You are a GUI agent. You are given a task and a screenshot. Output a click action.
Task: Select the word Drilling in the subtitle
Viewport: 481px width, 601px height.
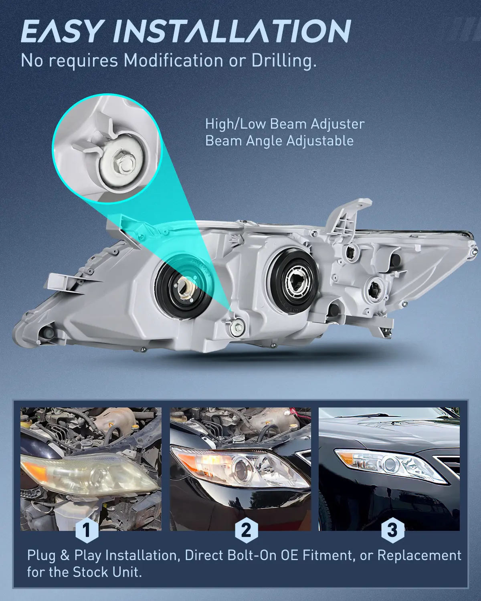(x=284, y=61)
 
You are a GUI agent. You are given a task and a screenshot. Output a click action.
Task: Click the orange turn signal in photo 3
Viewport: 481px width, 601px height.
(x=347, y=458)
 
